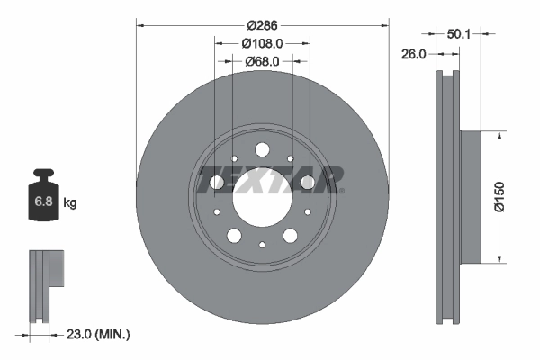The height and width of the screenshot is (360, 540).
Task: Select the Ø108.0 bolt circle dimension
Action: pyautogui.click(x=262, y=42)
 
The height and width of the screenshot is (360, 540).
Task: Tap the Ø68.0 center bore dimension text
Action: pyautogui.click(x=262, y=61)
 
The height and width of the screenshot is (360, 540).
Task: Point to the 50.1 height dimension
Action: pyautogui.click(x=460, y=33)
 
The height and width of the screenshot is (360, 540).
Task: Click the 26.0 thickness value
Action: pyautogui.click(x=413, y=54)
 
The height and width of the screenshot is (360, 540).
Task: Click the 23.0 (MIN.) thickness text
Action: pyautogui.click(x=98, y=335)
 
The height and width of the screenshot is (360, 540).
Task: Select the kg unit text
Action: pyautogui.click(x=70, y=203)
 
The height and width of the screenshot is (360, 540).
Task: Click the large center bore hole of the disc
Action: pyautogui.click(x=262, y=195)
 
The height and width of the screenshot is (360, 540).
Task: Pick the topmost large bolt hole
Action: pyautogui.click(x=262, y=149)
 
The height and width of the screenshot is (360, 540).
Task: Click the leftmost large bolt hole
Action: pyautogui.click(x=217, y=183)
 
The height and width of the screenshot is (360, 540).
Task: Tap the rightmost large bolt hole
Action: pyautogui.click(x=307, y=183)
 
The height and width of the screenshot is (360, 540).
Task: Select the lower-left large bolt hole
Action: pyautogui.click(x=234, y=236)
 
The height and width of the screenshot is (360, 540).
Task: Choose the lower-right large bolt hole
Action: pyautogui.click(x=290, y=236)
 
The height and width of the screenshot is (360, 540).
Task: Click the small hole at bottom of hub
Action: pyautogui.click(x=262, y=245)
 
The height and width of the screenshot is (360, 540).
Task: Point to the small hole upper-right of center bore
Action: pyautogui.click(x=292, y=159)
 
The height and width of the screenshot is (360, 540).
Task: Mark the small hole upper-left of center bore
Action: pyautogui.click(x=232, y=159)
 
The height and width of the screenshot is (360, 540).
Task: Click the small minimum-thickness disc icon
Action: pyautogui.click(x=45, y=283)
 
